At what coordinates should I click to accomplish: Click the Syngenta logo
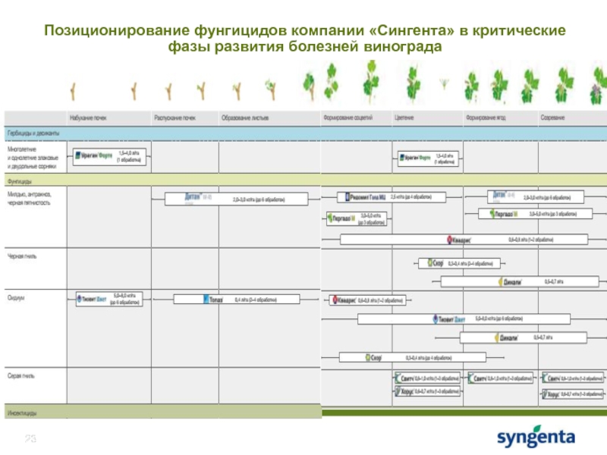pos(536,438)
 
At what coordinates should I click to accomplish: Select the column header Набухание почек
pos(89,118)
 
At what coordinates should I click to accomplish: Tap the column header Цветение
pos(404,118)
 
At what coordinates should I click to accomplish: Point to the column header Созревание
pos(552,118)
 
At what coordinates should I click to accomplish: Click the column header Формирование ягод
pos(486,118)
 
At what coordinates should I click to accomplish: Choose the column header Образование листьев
pos(245,118)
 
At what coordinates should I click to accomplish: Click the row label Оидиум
pos(17,298)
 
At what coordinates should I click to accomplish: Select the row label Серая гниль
pos(21,375)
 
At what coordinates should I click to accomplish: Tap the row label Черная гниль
pos(22,256)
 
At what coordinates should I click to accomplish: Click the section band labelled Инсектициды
pos(23,413)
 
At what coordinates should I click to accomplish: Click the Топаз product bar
pos(239,300)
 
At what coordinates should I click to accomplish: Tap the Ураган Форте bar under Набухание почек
pos(111,156)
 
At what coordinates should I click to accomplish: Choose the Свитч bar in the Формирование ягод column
pos(501,378)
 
